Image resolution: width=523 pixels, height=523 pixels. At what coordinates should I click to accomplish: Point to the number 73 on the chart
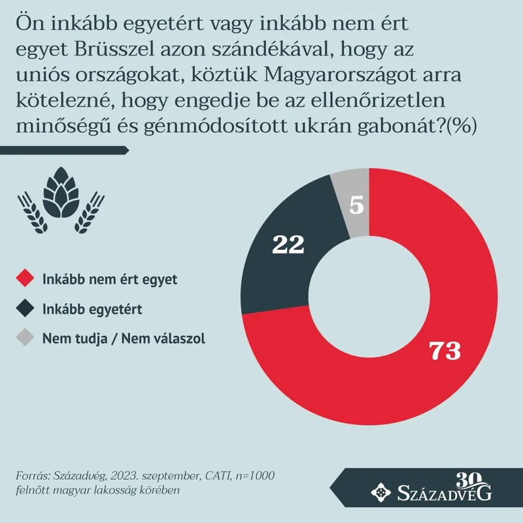point(445,350)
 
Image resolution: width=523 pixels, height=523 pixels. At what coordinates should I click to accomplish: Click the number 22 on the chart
point(288,245)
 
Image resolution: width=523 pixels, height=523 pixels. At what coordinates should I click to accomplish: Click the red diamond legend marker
point(26,279)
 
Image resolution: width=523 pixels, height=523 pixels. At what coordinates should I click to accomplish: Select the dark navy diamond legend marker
point(26,309)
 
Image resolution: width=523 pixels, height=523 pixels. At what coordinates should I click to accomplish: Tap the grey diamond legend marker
point(26,339)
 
